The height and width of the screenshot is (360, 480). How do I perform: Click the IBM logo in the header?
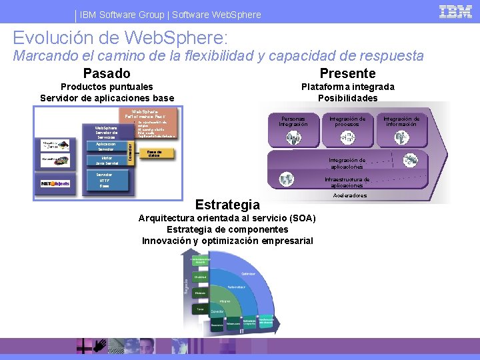[457, 11]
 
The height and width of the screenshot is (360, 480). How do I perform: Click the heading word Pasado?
[107, 73]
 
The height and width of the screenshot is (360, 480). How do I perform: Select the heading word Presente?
[347, 73]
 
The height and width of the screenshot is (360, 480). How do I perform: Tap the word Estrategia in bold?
[227, 205]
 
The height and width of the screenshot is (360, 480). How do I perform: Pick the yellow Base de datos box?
[155, 153]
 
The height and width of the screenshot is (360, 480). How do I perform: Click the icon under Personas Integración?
[294, 138]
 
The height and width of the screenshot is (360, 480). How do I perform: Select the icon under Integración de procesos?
[347, 137]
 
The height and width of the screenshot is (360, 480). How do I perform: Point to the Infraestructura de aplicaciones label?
[347, 182]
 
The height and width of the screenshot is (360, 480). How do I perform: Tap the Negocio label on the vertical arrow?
[186, 285]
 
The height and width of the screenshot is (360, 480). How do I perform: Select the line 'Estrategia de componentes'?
[227, 229]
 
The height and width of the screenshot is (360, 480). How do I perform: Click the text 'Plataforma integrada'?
[347, 87]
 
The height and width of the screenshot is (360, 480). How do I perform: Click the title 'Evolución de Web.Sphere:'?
[120, 37]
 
